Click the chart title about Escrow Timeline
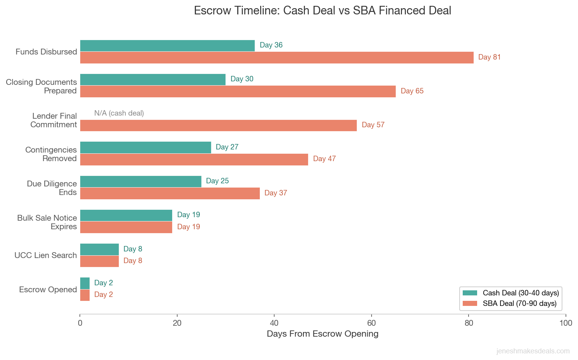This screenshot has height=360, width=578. (322, 11)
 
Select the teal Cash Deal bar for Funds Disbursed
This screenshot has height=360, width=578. (167, 46)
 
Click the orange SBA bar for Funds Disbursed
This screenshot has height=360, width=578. (277, 58)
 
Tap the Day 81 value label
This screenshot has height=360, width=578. (489, 57)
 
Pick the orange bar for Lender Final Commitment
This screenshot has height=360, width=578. (218, 125)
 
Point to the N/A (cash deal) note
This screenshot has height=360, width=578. (119, 113)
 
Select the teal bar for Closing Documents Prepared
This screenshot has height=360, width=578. (153, 79)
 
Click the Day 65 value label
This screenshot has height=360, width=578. (412, 91)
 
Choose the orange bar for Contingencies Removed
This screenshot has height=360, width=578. (194, 159)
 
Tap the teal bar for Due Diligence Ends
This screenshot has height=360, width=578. (141, 181)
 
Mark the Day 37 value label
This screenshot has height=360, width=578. (275, 193)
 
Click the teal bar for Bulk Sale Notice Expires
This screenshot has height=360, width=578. (126, 215)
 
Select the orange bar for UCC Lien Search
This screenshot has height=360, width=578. (99, 261)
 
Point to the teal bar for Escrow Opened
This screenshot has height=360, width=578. (85, 283)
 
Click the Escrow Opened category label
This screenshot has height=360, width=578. (48, 290)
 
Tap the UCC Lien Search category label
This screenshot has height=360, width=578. (46, 255)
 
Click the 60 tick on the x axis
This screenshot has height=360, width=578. (371, 323)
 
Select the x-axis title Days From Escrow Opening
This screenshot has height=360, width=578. (322, 334)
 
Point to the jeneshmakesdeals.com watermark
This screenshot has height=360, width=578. (533, 351)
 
